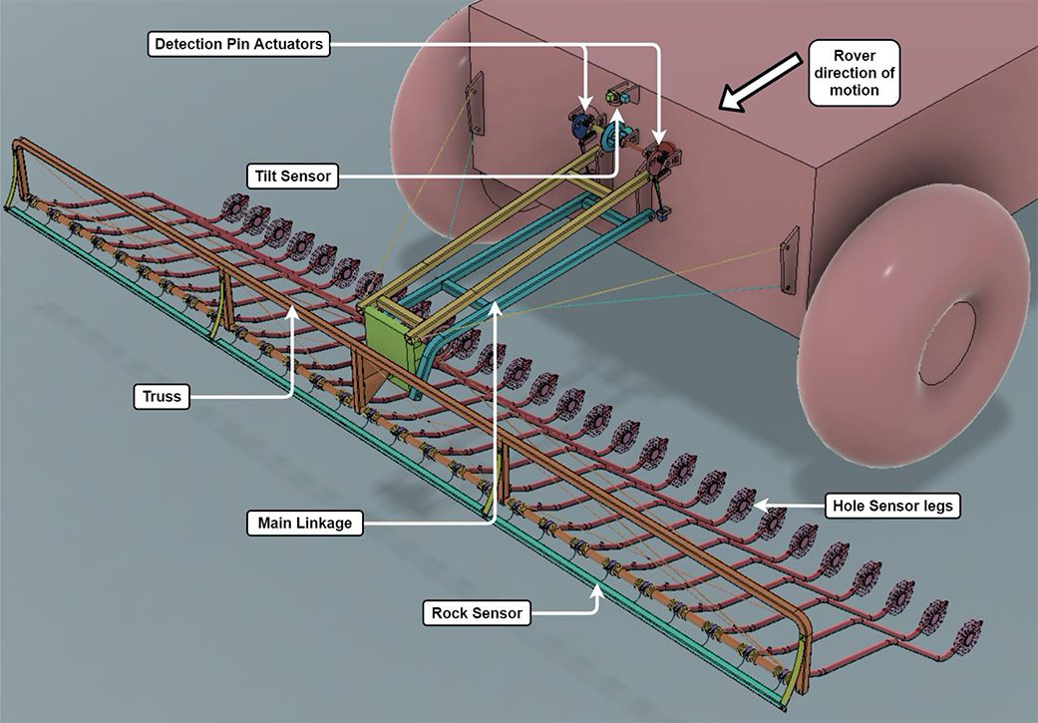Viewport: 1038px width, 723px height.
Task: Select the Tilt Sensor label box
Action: [x=290, y=177]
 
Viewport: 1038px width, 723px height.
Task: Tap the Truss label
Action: [x=161, y=397]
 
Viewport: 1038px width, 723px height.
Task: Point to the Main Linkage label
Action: [x=304, y=523]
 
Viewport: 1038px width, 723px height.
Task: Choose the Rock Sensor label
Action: [x=475, y=612]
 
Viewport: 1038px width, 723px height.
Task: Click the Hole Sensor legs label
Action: [x=891, y=506]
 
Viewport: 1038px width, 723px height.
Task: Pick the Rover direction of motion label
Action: [x=855, y=73]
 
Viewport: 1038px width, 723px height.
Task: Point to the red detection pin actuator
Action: [x=662, y=156]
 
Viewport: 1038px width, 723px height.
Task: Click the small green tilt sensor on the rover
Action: [x=618, y=97]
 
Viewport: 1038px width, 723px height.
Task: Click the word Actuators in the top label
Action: [x=289, y=44]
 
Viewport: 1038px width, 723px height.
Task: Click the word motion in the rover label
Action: [x=855, y=90]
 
